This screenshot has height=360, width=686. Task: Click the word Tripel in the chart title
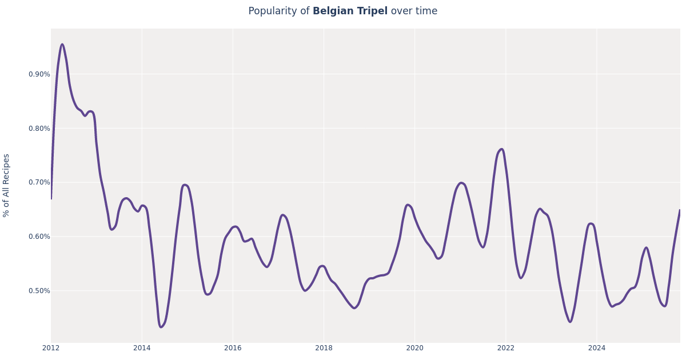[372, 11]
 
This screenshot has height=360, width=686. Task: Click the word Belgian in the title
[333, 11]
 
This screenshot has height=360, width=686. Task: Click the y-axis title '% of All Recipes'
[7, 185]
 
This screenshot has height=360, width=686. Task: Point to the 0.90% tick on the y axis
[39, 74]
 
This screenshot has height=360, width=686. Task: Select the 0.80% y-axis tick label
[39, 129]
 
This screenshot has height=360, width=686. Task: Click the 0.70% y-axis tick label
[39, 182]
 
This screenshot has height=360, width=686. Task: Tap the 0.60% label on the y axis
[39, 237]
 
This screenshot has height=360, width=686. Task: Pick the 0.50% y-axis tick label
[39, 291]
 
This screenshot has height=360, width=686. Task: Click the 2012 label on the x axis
[51, 348]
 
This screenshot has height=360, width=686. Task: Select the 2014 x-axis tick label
[142, 348]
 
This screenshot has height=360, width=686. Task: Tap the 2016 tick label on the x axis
[233, 348]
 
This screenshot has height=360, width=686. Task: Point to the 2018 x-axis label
[324, 348]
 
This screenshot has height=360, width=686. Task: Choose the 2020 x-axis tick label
[414, 348]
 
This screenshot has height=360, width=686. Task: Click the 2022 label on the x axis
[505, 348]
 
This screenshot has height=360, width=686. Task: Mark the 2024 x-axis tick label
[596, 348]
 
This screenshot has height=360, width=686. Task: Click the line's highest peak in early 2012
[62, 45]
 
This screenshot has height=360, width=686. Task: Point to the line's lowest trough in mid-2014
[161, 327]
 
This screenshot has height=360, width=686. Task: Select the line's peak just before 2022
[501, 149]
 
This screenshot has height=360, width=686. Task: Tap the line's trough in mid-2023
[569, 322]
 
